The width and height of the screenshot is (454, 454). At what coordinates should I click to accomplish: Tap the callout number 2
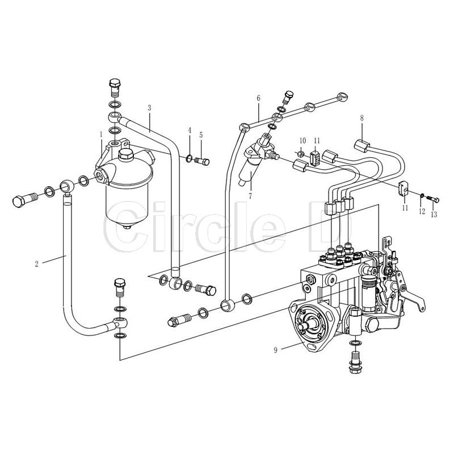(x=36, y=263)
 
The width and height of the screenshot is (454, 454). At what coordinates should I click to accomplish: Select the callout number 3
(x=149, y=107)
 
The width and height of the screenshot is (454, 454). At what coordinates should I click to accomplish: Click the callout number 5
(x=200, y=134)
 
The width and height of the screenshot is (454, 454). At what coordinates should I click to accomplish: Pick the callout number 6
(x=258, y=98)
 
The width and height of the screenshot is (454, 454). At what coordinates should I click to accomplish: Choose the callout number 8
(x=361, y=118)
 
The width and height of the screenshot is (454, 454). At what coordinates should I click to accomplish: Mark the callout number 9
(x=276, y=350)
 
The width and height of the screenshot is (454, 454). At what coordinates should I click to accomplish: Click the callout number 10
(x=302, y=140)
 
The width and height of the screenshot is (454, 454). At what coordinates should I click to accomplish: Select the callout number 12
(x=421, y=211)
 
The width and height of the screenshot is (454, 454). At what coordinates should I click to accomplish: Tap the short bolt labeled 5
(x=201, y=162)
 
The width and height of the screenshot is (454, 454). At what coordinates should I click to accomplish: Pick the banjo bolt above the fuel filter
(x=114, y=87)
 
